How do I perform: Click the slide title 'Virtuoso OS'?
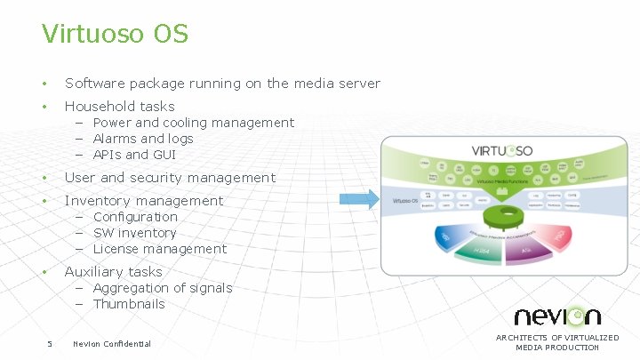click(115, 34)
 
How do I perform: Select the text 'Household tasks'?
click(119, 107)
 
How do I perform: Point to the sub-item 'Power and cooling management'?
click(193, 123)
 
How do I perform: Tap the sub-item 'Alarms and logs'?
click(142, 139)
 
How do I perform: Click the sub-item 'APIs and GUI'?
click(134, 155)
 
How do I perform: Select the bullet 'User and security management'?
click(170, 178)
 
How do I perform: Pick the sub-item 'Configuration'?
click(135, 217)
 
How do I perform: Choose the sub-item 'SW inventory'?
click(134, 233)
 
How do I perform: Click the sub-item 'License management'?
click(159, 249)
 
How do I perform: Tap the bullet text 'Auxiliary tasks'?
click(113, 272)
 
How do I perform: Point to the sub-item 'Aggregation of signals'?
click(162, 288)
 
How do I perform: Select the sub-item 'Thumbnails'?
click(129, 304)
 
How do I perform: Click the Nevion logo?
click(557, 316)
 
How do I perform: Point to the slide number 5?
click(50, 344)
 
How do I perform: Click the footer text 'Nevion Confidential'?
click(112, 344)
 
